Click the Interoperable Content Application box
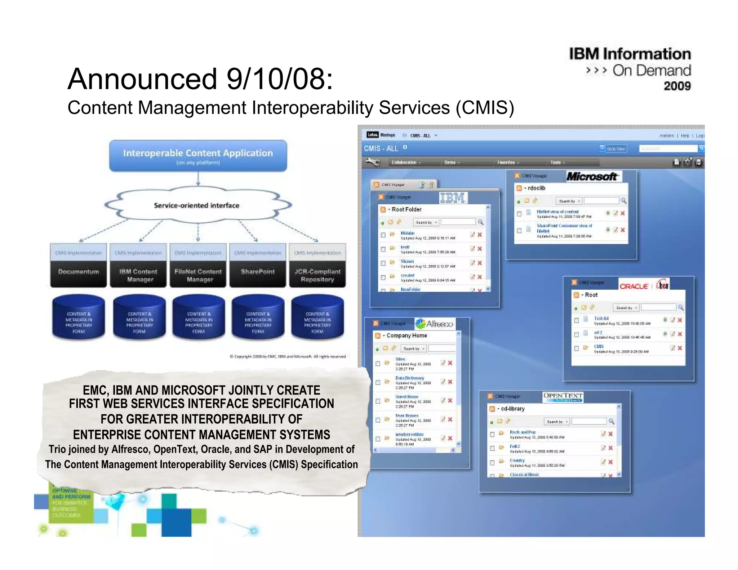(x=198, y=156)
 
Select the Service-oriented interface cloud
(x=197, y=205)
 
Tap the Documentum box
(x=79, y=272)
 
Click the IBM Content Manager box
(x=138, y=275)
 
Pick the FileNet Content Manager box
(x=198, y=275)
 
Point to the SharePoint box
(x=258, y=272)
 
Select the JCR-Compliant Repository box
(x=317, y=275)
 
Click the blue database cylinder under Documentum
(x=79, y=317)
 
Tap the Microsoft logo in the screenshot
(x=592, y=177)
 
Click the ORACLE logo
(x=633, y=286)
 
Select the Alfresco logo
(x=435, y=324)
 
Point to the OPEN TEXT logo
(x=563, y=396)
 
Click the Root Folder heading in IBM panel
(x=406, y=209)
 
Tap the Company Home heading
(x=406, y=335)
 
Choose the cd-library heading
(x=512, y=409)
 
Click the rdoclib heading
(x=536, y=188)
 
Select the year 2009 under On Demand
(x=677, y=86)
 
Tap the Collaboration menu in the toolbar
(x=404, y=162)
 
